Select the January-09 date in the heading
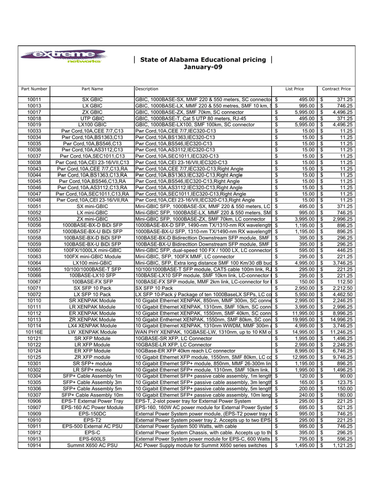click(x=202, y=66)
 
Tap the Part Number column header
click(x=34, y=89)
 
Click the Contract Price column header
click(x=336, y=89)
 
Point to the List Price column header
click(x=295, y=89)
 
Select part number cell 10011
click(x=34, y=100)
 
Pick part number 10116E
click(x=34, y=332)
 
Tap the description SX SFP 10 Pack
click(x=154, y=288)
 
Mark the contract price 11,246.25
click(x=340, y=332)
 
